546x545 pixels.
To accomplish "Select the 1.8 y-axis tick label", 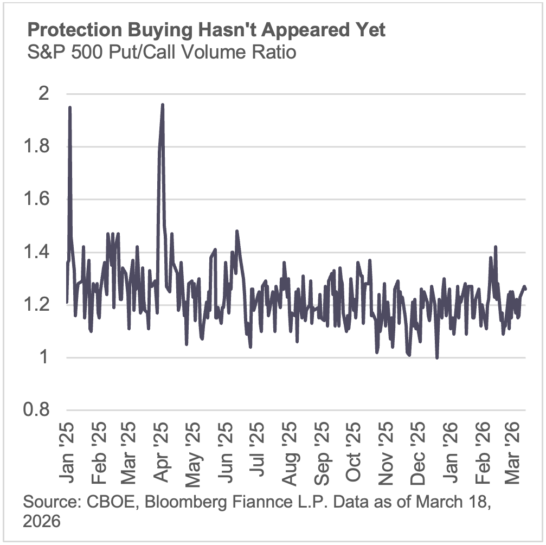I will click(37, 147).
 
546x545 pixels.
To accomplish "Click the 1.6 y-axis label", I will click(37, 200).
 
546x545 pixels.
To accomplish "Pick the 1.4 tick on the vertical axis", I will click(37, 252).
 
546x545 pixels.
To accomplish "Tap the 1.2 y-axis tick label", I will click(37, 305).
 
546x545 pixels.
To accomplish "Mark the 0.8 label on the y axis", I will click(37, 411).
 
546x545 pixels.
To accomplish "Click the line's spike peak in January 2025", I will click(70, 107).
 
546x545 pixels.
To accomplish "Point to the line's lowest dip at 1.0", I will click(437, 358).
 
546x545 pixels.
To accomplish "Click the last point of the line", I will click(525, 289).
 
